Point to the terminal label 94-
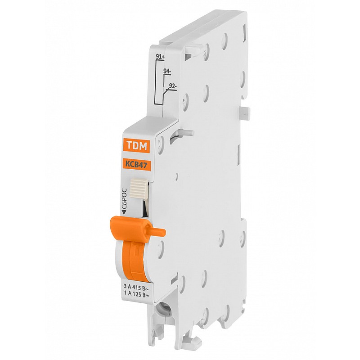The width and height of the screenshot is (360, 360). click(167, 72)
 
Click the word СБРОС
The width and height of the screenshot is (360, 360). click(124, 198)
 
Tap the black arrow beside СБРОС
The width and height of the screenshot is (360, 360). click(124, 212)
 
